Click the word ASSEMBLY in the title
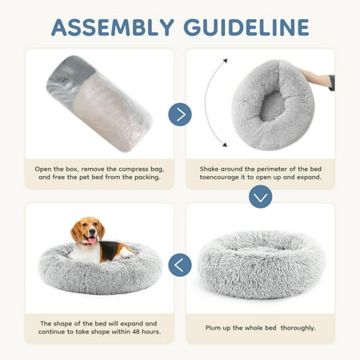pyautogui.click(x=113, y=27)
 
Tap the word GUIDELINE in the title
pyautogui.click(x=246, y=27)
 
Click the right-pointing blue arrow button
pyautogui.click(x=180, y=114)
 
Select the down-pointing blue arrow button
pyautogui.click(x=260, y=197)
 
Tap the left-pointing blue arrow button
pyautogui.click(x=180, y=265)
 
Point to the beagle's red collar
pyautogui.click(x=86, y=242)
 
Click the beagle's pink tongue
pyautogui.click(x=92, y=241)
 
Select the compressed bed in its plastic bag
pyautogui.click(x=99, y=103)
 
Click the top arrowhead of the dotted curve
pyautogui.click(x=226, y=61)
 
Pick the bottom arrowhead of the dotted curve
pyautogui.click(x=225, y=145)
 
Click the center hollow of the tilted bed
pyautogui.click(x=272, y=106)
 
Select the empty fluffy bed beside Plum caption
pyautogui.click(x=262, y=264)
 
